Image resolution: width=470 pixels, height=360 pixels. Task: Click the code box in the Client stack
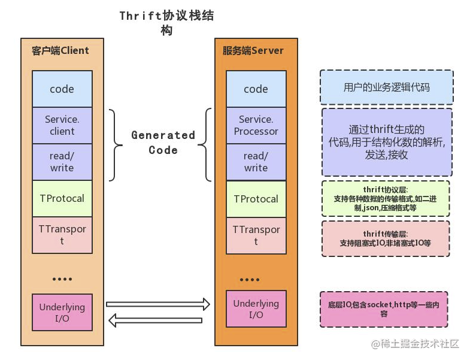click(62, 89)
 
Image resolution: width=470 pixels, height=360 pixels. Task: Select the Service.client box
click(62, 125)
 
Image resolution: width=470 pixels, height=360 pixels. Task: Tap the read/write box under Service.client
click(62, 162)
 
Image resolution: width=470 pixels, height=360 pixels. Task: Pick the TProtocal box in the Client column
click(62, 198)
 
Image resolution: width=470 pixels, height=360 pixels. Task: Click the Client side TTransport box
click(62, 235)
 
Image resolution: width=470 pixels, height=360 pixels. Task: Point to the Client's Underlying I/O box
click(62, 312)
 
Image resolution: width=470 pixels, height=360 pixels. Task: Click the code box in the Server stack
click(256, 89)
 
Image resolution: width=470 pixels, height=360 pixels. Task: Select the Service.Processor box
click(256, 125)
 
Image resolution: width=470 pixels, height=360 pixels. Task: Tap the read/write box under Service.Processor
click(256, 162)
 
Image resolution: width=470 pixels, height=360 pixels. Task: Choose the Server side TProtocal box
click(256, 199)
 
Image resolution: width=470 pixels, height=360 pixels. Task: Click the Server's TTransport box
click(256, 235)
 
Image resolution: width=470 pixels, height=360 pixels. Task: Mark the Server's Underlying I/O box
click(256, 309)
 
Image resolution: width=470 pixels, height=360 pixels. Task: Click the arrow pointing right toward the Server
click(158, 304)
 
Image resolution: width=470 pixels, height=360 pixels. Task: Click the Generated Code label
click(163, 143)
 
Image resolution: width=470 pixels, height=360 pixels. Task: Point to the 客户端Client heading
click(60, 50)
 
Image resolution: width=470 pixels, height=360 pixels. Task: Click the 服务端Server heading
click(253, 50)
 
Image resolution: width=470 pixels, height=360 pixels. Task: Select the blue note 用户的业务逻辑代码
click(386, 87)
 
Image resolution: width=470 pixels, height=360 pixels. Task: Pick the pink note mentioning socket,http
click(384, 308)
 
